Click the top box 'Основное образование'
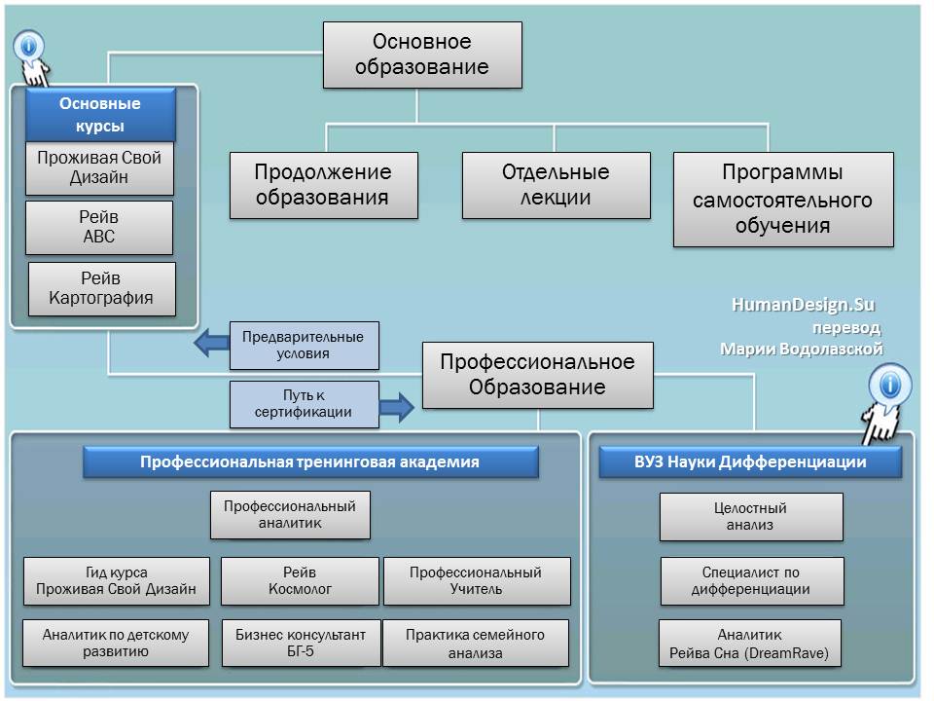pyautogui.click(x=421, y=55)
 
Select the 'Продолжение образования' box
pyautogui.click(x=323, y=185)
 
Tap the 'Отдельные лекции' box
pyautogui.click(x=556, y=185)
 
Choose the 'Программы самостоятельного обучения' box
pyautogui.click(x=782, y=199)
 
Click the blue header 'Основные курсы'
pyautogui.click(x=100, y=115)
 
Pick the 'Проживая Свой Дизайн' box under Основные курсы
pyautogui.click(x=99, y=167)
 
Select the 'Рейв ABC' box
pyautogui.click(x=99, y=227)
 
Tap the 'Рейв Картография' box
pyautogui.click(x=101, y=288)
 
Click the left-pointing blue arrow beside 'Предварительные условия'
pyautogui.click(x=208, y=343)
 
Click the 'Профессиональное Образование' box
pyautogui.click(x=537, y=375)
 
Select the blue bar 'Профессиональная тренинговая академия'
pyautogui.click(x=309, y=462)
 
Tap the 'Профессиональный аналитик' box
pyautogui.click(x=290, y=515)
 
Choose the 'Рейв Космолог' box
pyautogui.click(x=300, y=580)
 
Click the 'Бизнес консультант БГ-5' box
pyautogui.click(x=300, y=643)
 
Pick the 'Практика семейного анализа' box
pyautogui.click(x=475, y=643)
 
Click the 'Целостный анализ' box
pyautogui.click(x=750, y=516)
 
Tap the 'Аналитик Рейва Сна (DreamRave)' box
pyautogui.click(x=749, y=644)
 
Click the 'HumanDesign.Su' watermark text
pyautogui.click(x=803, y=305)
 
